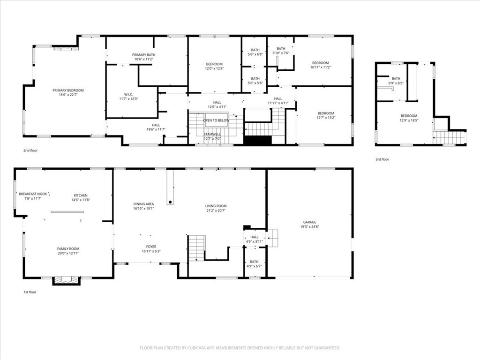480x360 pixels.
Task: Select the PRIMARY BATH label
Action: coord(144,55)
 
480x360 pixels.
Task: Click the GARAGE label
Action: coord(309,222)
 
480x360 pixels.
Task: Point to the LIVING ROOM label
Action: coord(216,206)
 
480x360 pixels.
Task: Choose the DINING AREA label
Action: coord(143,204)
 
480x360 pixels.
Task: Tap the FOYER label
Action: coord(151,247)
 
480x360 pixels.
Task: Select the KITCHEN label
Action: coord(81,195)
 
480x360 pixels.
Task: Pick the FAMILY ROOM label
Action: coord(68,249)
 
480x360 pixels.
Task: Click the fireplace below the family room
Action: coord(63,280)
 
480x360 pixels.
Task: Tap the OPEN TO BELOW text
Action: coord(216,120)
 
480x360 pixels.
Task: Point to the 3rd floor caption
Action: coord(382,159)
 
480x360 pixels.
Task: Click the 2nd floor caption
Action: coord(30,150)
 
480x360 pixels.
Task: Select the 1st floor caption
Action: coord(30,292)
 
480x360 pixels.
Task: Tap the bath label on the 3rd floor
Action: coord(396,79)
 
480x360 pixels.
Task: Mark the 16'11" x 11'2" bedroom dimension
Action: coord(321,67)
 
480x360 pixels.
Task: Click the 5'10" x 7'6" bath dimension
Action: coord(281,53)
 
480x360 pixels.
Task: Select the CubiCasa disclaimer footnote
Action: coord(240,348)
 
